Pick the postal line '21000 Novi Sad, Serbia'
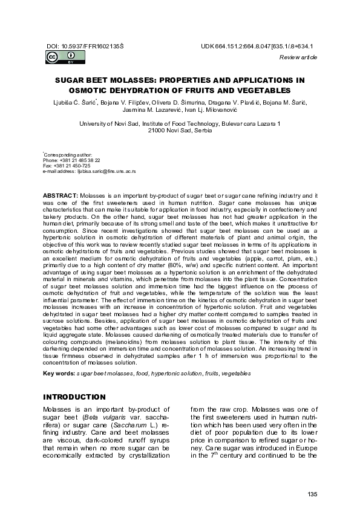[180, 131]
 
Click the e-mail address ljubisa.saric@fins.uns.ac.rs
[106, 171]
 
